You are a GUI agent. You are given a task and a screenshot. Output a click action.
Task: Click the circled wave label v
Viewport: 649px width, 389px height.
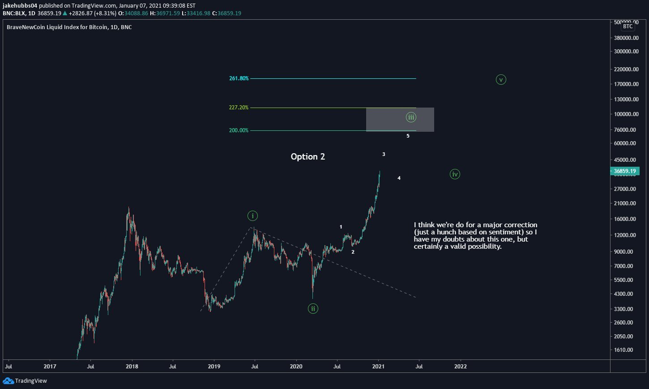pyautogui.click(x=501, y=80)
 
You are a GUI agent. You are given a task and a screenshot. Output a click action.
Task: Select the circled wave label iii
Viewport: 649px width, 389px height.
pyautogui.click(x=411, y=117)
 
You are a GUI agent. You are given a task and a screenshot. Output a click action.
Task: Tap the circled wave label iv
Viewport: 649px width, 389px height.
pyautogui.click(x=455, y=174)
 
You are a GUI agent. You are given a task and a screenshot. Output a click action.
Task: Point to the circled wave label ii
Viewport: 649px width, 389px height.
pyautogui.click(x=313, y=308)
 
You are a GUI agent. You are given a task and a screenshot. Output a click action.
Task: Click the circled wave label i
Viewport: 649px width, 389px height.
pyautogui.click(x=252, y=216)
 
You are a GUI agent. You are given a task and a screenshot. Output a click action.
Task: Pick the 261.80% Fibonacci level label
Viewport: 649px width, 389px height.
pyautogui.click(x=239, y=78)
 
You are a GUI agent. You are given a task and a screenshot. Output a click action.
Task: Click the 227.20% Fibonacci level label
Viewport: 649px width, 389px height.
pyautogui.click(x=239, y=108)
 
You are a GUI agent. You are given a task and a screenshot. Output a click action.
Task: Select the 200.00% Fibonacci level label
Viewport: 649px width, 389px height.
pyautogui.click(x=239, y=130)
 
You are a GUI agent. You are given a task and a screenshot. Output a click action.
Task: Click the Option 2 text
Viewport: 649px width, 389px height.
pyautogui.click(x=308, y=156)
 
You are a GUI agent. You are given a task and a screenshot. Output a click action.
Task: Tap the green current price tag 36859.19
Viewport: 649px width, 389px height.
pyautogui.click(x=624, y=171)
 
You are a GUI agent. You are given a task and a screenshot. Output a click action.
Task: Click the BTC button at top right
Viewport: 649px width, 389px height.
pyautogui.click(x=628, y=26)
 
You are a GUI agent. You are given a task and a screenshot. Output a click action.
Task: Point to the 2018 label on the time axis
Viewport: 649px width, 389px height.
pyautogui.click(x=132, y=366)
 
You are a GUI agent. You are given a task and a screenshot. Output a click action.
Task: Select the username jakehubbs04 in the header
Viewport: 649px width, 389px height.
pyautogui.click(x=18, y=6)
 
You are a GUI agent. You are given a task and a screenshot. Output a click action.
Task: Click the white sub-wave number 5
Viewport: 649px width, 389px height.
pyautogui.click(x=408, y=136)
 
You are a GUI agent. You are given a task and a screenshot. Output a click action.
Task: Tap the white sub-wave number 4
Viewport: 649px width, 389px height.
pyautogui.click(x=399, y=178)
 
